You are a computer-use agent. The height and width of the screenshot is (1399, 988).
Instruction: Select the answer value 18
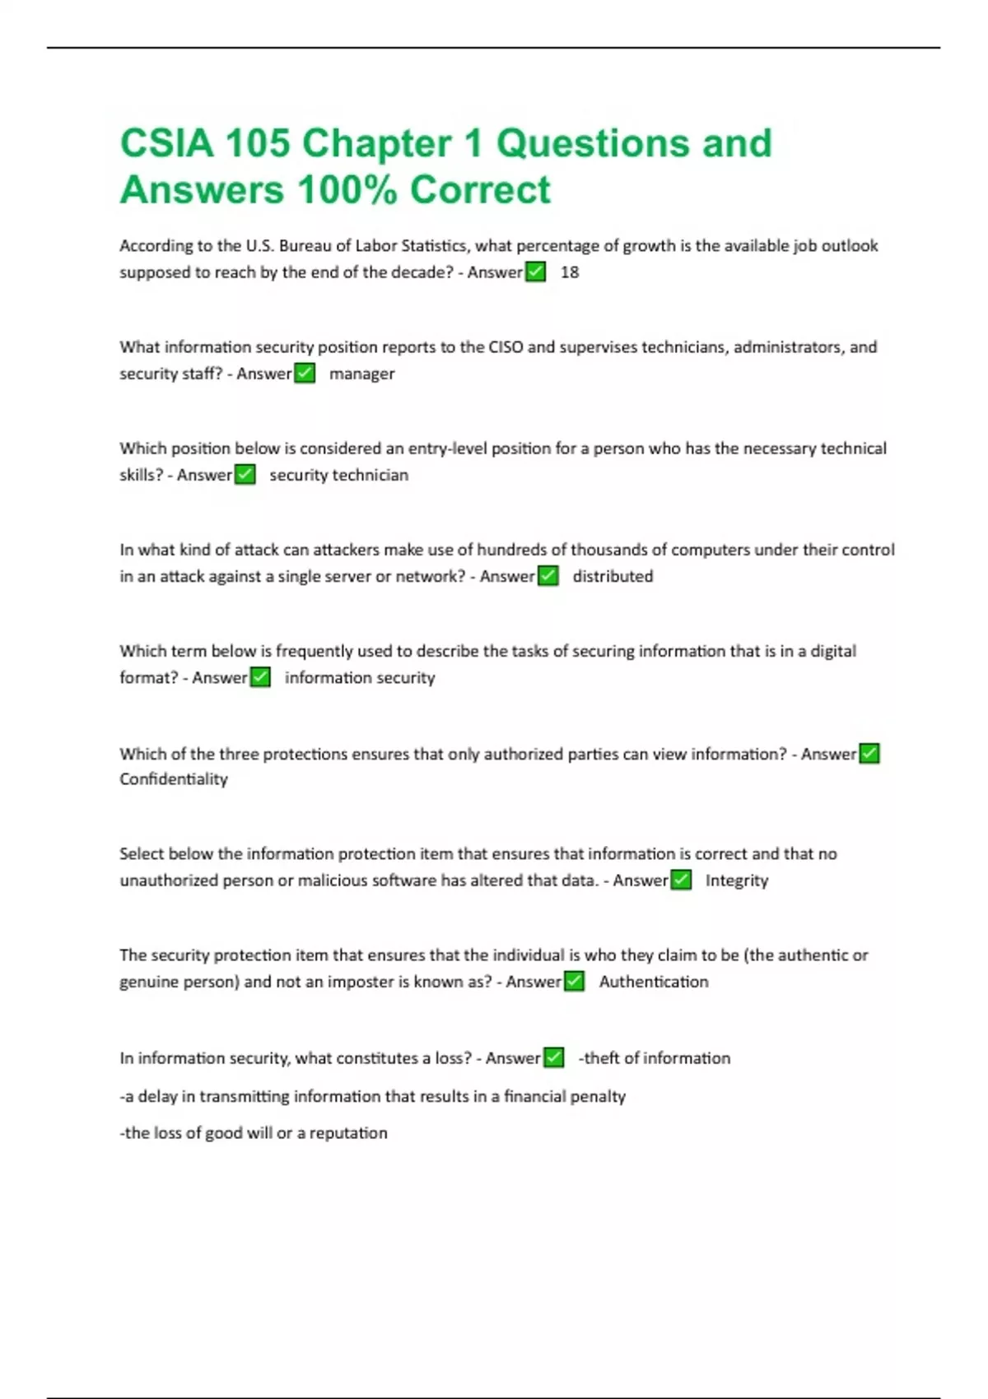click(570, 272)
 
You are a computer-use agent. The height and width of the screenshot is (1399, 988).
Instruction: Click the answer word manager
click(361, 374)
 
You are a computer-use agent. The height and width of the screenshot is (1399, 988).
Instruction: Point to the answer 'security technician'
click(338, 475)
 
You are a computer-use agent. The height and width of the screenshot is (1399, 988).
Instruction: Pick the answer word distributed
click(613, 576)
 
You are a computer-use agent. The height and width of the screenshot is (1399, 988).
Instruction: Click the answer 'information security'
click(360, 677)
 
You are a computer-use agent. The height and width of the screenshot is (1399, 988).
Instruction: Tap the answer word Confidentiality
click(174, 779)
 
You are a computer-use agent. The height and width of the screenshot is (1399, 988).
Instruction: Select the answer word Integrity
click(736, 881)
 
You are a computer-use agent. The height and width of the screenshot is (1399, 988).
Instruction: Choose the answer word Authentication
click(653, 982)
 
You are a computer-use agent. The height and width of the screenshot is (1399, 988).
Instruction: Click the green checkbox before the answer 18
click(536, 272)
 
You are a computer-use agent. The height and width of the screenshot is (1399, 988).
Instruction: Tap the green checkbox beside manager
click(305, 373)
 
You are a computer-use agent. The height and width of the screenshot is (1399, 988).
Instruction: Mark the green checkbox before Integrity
click(681, 880)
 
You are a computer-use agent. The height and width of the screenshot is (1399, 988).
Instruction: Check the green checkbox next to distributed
click(548, 576)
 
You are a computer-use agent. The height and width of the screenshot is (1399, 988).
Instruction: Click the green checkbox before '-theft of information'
click(554, 1057)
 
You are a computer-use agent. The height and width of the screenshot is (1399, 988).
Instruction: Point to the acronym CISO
click(506, 346)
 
